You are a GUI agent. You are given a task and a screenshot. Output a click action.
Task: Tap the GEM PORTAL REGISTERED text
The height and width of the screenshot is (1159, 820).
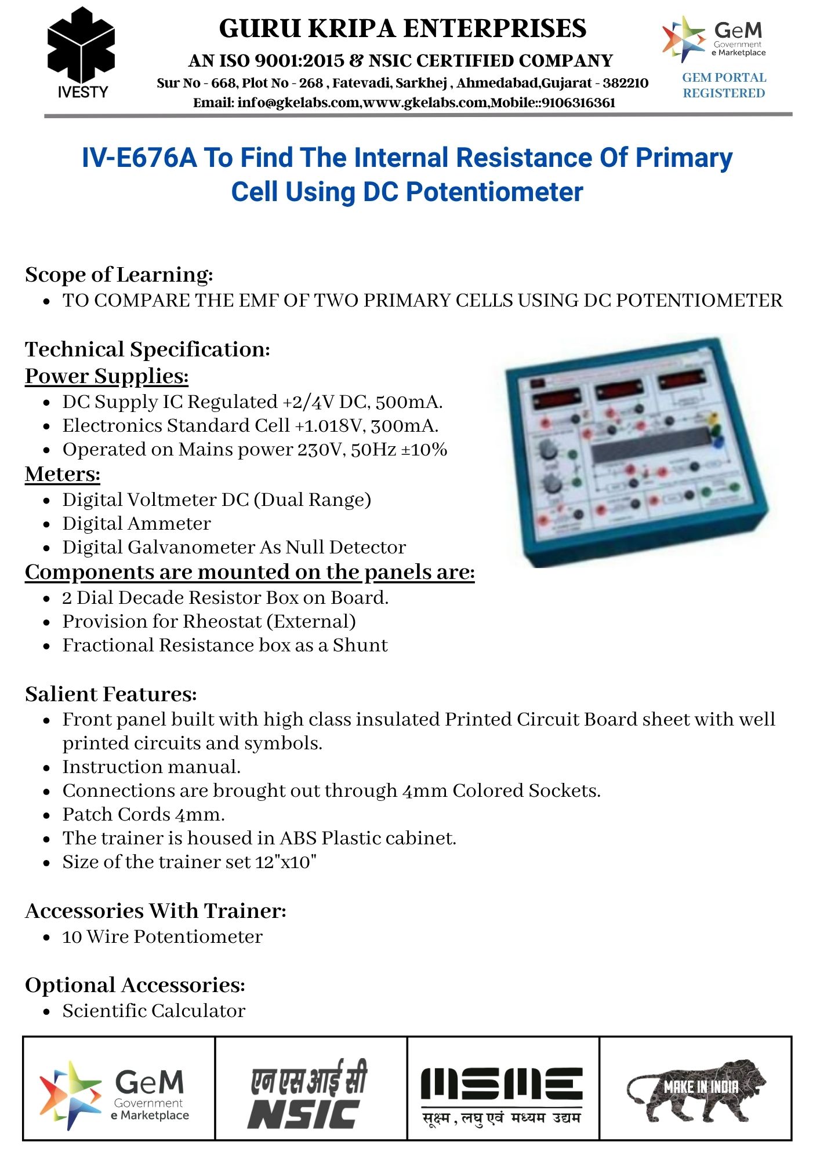[x=724, y=85]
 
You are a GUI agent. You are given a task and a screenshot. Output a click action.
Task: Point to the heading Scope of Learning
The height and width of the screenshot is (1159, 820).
[x=119, y=275]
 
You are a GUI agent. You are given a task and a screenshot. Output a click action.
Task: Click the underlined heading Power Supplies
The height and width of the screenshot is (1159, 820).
[x=107, y=376]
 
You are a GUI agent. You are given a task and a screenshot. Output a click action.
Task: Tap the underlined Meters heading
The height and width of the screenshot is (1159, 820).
[x=63, y=474]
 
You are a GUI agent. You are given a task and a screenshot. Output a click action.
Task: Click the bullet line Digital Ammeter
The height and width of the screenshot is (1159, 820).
[x=136, y=523]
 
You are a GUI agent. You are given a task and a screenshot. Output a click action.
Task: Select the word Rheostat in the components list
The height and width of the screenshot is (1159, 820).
[x=220, y=621]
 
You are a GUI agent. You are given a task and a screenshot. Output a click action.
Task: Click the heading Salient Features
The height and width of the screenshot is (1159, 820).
[x=111, y=694]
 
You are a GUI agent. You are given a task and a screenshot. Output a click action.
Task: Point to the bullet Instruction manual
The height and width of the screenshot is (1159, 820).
[x=151, y=767]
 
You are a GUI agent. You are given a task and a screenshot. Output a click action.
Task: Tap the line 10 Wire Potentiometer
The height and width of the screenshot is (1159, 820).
[x=162, y=936]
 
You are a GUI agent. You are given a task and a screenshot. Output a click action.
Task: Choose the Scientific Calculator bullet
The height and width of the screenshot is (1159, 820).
[x=154, y=1011]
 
